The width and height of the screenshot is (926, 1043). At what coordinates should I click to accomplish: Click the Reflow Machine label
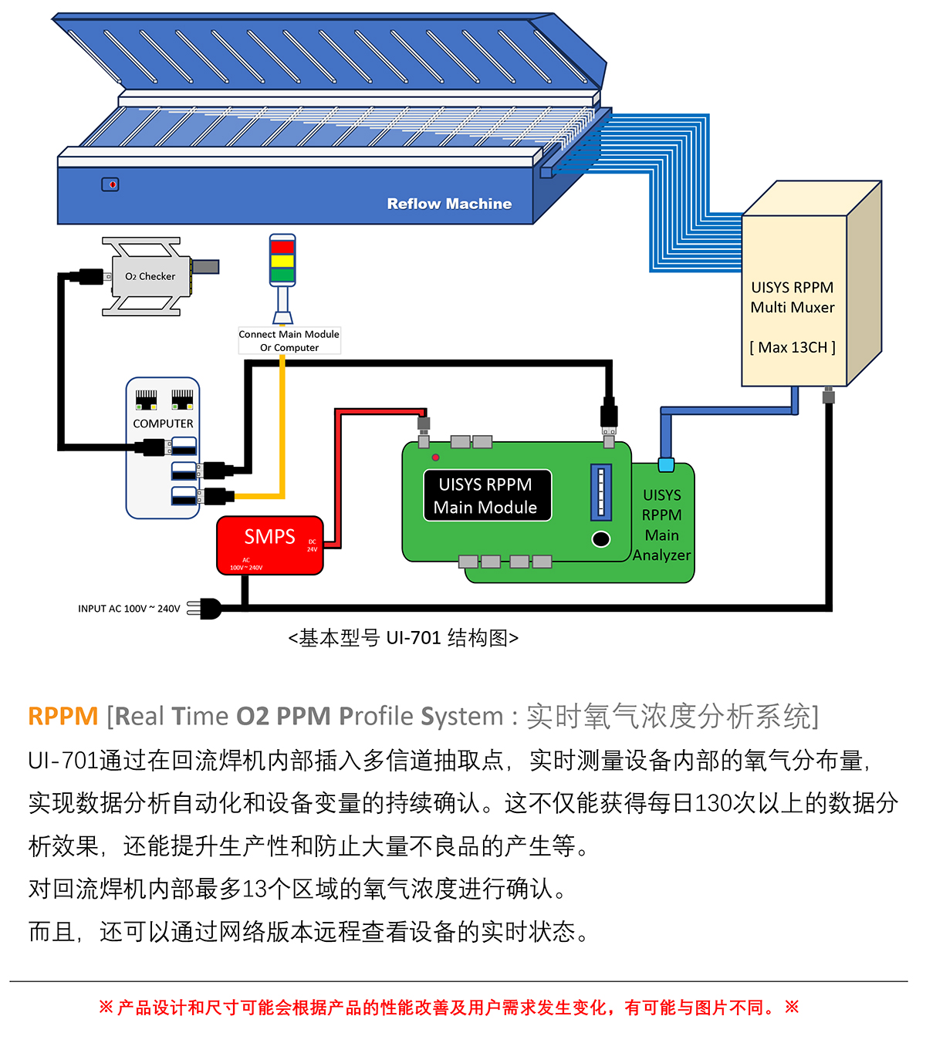(x=449, y=204)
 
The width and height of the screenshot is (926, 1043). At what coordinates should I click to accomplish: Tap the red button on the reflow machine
(x=112, y=184)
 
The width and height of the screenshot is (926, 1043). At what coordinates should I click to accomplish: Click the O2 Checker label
(x=150, y=276)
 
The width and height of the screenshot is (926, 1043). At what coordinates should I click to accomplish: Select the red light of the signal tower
(x=282, y=247)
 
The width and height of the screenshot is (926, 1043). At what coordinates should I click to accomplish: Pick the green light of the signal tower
(x=282, y=275)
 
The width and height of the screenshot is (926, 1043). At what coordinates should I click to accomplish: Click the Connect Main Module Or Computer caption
(x=289, y=340)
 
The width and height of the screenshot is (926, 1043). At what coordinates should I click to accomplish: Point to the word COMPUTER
(x=163, y=424)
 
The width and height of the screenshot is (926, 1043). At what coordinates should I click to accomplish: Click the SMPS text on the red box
(x=269, y=536)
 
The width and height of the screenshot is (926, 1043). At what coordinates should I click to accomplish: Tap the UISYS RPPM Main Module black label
(x=485, y=495)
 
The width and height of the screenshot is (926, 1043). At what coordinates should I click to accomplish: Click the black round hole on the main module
(x=601, y=539)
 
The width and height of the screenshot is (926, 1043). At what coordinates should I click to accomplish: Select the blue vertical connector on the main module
(x=601, y=492)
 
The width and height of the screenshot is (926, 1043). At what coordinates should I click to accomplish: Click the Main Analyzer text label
(x=661, y=525)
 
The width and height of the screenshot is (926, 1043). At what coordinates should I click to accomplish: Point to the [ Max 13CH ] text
(x=793, y=347)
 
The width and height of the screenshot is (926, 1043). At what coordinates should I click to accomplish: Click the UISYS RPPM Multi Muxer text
(x=793, y=297)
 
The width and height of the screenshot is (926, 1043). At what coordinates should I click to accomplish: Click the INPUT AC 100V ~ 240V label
(x=129, y=609)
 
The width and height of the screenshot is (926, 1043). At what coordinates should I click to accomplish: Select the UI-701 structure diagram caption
(x=403, y=638)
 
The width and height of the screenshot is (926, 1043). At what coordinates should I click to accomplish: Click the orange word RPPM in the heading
(x=63, y=716)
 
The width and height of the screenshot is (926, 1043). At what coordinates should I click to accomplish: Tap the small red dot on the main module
(x=436, y=457)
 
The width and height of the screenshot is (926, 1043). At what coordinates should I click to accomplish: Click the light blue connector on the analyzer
(x=666, y=464)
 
